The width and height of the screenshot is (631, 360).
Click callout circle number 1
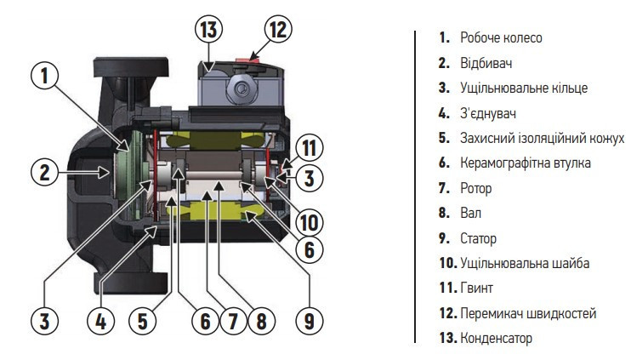[47, 76]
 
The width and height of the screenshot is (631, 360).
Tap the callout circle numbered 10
[309, 222]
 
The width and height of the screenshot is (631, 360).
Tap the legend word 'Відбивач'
[486, 63]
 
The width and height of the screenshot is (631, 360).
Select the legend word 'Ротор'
[476, 188]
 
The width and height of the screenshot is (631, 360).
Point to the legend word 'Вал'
[470, 213]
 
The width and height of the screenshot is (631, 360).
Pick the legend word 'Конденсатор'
[496, 338]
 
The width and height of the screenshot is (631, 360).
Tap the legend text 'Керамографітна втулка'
[519, 163]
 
